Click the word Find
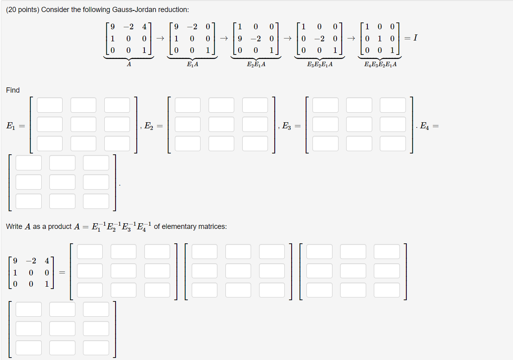tap(13, 90)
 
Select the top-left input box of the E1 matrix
tap(50, 105)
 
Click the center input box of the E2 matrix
tap(221, 124)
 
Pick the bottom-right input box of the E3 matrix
tap(393, 144)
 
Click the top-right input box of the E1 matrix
tap(117, 105)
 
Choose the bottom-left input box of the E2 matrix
tap(187, 144)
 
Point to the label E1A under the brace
tap(192, 64)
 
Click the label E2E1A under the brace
tap(256, 64)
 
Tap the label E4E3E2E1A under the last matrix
tap(380, 64)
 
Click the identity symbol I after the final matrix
tap(416, 38)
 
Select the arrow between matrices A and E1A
tap(160, 38)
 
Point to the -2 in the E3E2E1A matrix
tap(319, 39)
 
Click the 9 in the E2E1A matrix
tap(240, 39)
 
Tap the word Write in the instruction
tap(14, 227)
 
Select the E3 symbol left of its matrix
tap(286, 126)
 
